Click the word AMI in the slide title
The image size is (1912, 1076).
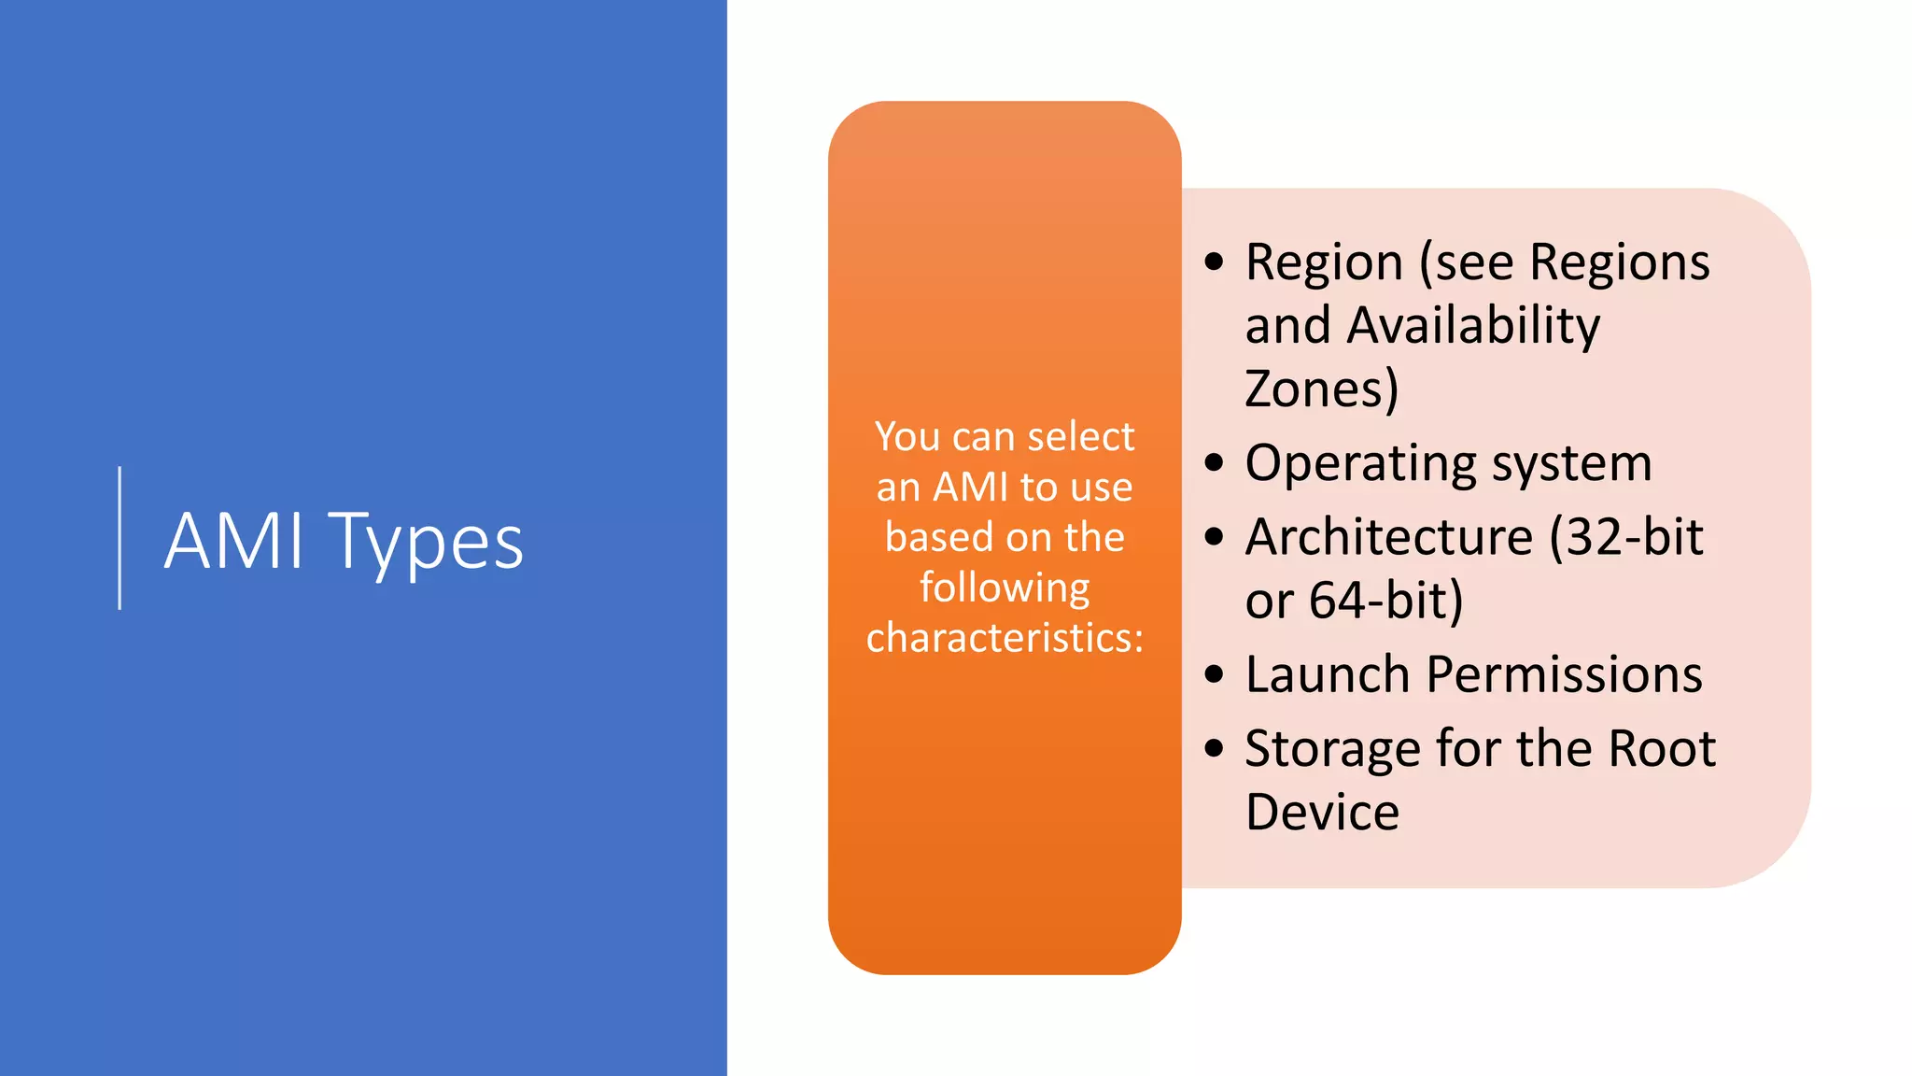click(x=234, y=541)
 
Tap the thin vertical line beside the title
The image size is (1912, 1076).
click(x=119, y=538)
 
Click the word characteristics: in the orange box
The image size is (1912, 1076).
click(x=1005, y=638)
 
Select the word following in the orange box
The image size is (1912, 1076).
click(x=1005, y=589)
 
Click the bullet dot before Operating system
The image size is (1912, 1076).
click(x=1214, y=462)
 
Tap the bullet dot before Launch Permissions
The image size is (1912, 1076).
click(x=1214, y=674)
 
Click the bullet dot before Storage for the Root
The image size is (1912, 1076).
click(x=1214, y=748)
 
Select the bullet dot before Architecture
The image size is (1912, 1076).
click(x=1214, y=536)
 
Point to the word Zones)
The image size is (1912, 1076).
click(x=1322, y=389)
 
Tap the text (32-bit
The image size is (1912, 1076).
click(x=1626, y=537)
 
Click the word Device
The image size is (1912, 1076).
click(x=1322, y=812)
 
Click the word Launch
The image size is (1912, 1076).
click(x=1327, y=674)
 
